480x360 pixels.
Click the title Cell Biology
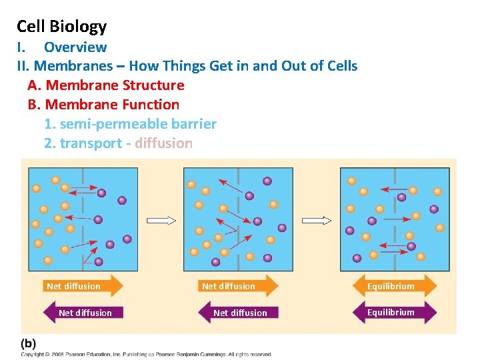tap(61, 27)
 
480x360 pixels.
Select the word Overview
tap(75, 47)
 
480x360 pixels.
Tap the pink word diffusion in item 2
tap(163, 143)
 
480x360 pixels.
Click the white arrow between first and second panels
tap(161, 221)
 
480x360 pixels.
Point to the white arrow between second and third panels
tap(317, 221)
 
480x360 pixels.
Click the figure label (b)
tap(29, 343)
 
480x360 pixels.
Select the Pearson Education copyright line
tap(147, 354)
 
